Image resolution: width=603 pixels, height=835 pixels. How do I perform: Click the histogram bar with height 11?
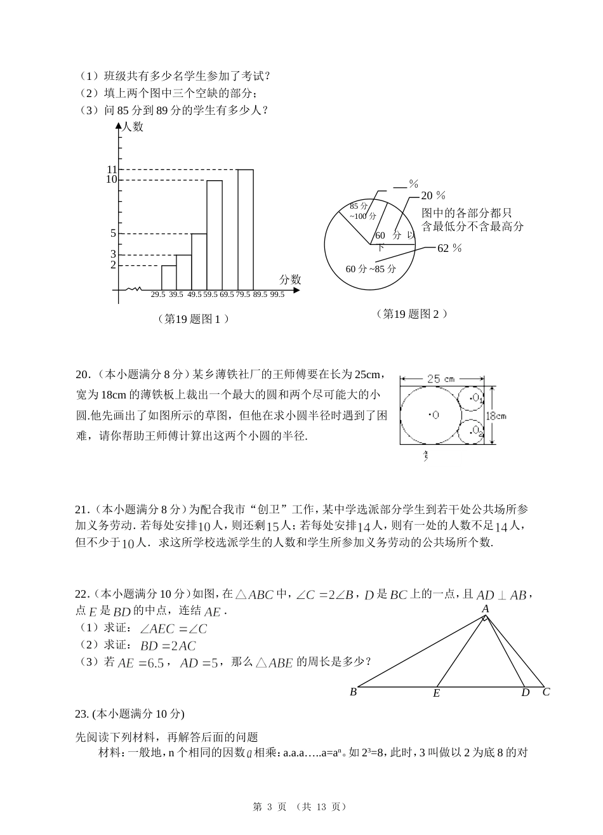click(x=246, y=229)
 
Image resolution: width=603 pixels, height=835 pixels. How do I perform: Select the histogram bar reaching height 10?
click(x=215, y=235)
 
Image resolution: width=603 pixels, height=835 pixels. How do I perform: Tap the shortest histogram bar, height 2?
click(x=168, y=277)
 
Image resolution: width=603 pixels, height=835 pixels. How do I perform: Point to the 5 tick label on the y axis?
click(x=113, y=233)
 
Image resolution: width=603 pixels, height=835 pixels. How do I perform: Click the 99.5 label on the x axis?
click(x=277, y=294)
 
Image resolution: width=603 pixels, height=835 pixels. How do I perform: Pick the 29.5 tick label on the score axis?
click(x=158, y=294)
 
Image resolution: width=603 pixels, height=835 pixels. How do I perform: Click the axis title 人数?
click(x=133, y=127)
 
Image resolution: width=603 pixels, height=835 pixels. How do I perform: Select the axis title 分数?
click(x=289, y=280)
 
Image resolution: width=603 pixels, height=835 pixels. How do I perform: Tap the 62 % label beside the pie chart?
click(x=449, y=248)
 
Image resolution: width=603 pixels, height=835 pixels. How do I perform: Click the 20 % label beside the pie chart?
click(x=434, y=195)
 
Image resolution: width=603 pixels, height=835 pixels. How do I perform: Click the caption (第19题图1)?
click(x=192, y=319)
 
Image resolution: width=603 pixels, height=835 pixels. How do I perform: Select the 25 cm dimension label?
click(x=441, y=379)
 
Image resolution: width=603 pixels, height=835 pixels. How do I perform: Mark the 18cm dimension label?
click(x=496, y=416)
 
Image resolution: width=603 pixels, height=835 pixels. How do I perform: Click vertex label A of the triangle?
click(x=485, y=608)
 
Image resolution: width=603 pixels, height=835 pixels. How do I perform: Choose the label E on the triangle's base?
click(x=437, y=694)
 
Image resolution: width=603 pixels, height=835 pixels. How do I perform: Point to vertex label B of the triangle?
click(x=353, y=692)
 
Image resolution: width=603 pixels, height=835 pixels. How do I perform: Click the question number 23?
click(x=81, y=714)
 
